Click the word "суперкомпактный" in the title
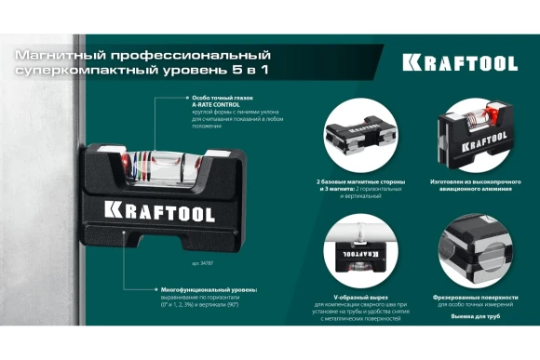tap(77, 72)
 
